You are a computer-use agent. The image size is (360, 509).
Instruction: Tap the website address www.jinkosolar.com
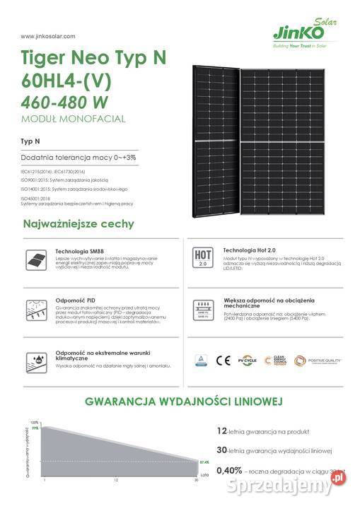[x=48, y=35]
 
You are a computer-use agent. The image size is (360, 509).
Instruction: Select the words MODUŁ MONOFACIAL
[x=73, y=119]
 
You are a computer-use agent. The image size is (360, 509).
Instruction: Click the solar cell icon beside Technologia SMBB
[x=33, y=261]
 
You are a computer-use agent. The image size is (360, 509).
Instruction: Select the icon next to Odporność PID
[x=33, y=310]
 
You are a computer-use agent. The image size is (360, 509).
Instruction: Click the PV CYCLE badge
[x=247, y=360]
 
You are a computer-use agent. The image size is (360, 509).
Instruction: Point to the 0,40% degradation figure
[x=229, y=470]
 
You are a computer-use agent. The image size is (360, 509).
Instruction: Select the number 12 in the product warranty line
[x=221, y=429]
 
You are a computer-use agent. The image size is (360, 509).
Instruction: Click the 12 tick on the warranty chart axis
[x=115, y=481]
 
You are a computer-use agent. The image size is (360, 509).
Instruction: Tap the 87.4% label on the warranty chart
[x=204, y=462]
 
